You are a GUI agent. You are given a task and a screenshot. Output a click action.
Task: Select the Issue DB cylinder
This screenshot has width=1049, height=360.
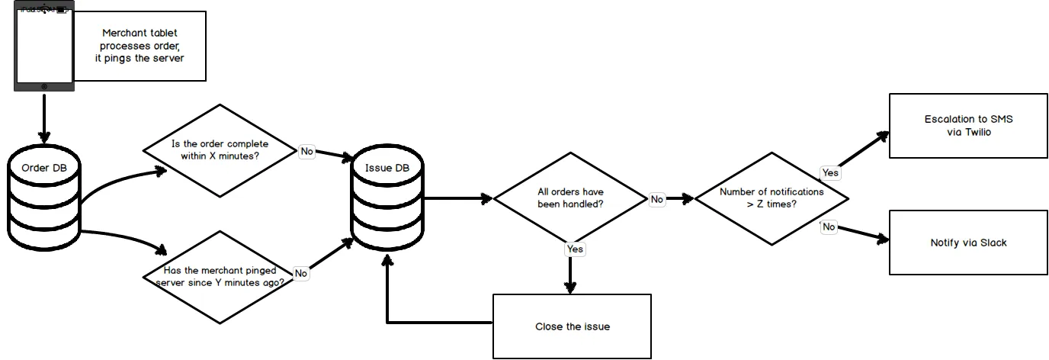click(x=387, y=200)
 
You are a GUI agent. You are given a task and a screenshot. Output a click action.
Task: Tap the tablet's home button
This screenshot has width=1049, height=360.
click(x=44, y=86)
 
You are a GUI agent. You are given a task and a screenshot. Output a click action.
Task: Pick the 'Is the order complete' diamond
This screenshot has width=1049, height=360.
click(x=220, y=150)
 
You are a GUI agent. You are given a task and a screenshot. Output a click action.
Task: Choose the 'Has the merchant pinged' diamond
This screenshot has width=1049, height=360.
click(x=220, y=276)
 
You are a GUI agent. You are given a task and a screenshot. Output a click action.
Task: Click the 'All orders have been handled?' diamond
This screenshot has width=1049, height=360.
click(x=570, y=198)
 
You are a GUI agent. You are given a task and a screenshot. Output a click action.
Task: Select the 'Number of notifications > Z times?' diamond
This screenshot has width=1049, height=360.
click(x=772, y=198)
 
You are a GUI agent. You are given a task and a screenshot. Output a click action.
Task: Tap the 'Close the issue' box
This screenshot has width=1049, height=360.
click(x=572, y=326)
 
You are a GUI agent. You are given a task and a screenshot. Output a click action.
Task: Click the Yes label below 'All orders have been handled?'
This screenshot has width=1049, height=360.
click(x=576, y=249)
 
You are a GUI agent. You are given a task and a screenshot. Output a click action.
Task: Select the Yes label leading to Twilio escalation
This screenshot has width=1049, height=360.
click(x=830, y=172)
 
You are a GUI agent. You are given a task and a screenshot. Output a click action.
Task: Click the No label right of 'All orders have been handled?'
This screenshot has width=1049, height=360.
click(x=657, y=199)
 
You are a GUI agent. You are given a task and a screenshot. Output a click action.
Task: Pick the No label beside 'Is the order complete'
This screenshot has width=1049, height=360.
click(x=306, y=151)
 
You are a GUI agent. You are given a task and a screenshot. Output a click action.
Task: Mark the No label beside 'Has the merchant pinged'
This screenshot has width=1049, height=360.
click(x=301, y=273)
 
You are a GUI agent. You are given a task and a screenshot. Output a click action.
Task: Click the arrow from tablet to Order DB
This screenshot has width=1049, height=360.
click(x=44, y=119)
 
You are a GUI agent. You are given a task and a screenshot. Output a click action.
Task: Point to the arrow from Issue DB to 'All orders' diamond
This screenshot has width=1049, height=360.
click(x=457, y=199)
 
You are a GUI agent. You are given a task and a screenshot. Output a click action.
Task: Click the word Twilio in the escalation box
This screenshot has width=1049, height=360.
click(x=980, y=132)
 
